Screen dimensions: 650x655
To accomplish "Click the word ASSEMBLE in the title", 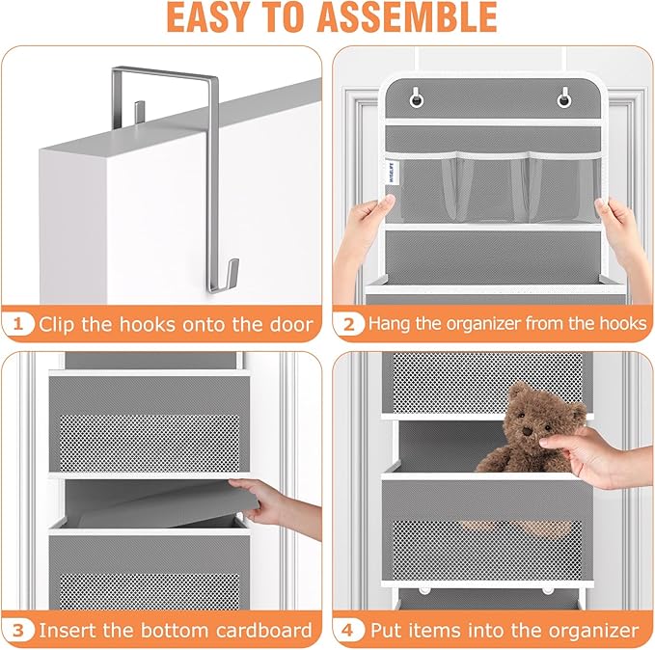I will click(x=414, y=18).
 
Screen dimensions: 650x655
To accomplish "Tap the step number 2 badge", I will click(x=349, y=324).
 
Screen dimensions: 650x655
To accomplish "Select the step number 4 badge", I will click(x=349, y=631).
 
